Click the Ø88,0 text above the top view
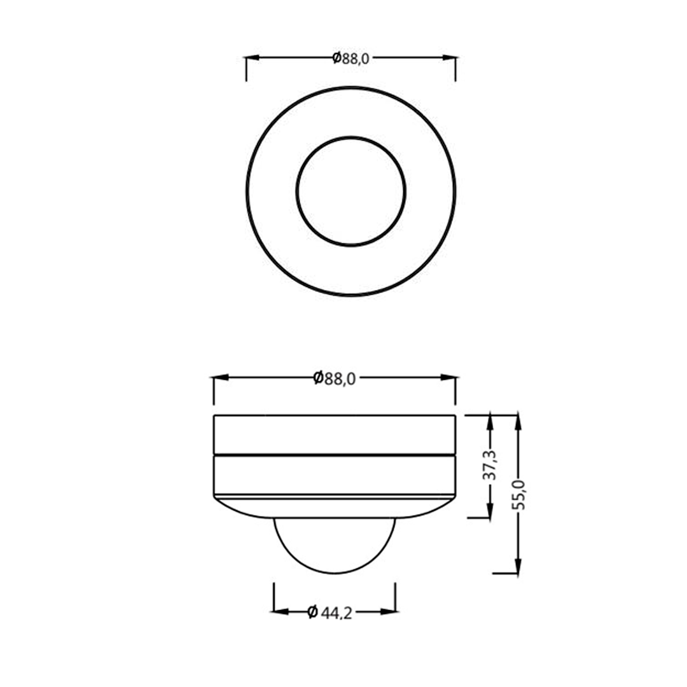coord(350,58)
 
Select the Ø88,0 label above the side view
coord(335,378)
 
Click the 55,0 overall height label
coord(518,495)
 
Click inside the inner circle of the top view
coord(350,191)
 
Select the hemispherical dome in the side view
coord(335,544)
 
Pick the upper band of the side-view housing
coord(335,434)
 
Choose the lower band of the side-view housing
coord(335,475)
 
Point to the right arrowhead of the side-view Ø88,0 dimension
coord(449,378)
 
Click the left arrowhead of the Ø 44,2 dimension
coord(281,612)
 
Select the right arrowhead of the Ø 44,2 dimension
coord(389,612)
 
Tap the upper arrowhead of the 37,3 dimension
coord(489,422)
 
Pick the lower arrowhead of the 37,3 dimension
coord(489,511)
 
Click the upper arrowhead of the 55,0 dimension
coord(518,422)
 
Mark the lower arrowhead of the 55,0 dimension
coord(518,567)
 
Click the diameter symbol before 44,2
coord(312,613)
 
